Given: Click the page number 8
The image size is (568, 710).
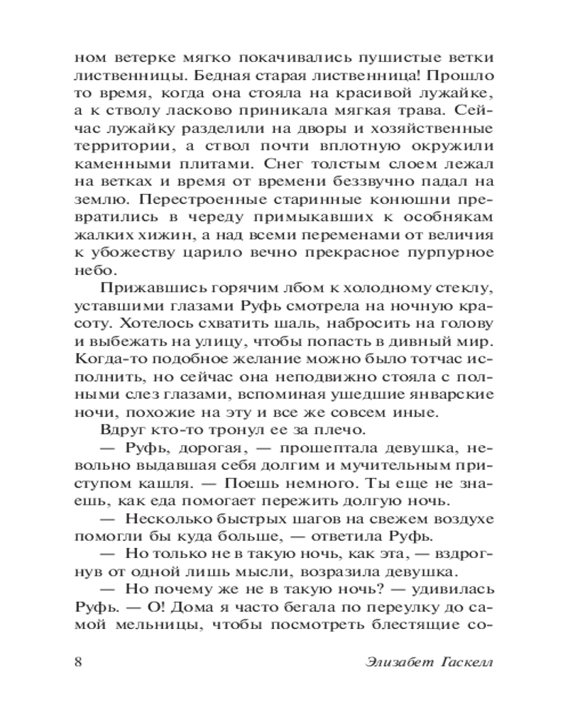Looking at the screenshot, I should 79,662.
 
